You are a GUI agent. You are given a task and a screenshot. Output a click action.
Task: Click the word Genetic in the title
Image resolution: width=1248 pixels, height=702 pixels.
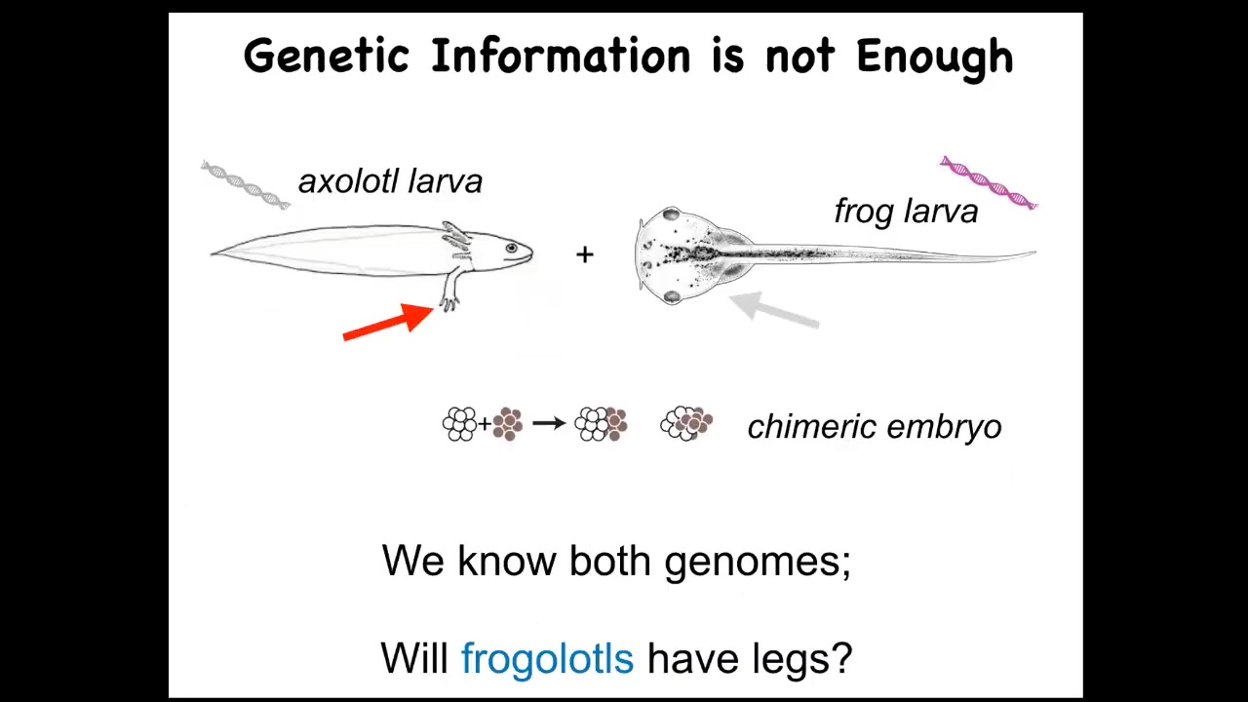327,57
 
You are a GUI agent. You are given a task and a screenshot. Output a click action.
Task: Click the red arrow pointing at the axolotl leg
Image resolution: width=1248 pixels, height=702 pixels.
388,322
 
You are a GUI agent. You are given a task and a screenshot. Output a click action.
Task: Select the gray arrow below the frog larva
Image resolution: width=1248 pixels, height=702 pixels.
774,311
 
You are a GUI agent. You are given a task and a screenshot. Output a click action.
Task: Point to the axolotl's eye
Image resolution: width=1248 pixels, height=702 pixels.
511,248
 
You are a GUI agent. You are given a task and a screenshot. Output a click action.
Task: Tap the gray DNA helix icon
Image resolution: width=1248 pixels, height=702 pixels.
245,184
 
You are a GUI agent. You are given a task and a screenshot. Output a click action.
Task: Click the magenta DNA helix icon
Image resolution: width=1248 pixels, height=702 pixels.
989,182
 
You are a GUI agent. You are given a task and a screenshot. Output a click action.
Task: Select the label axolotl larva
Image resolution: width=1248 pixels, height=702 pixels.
391,181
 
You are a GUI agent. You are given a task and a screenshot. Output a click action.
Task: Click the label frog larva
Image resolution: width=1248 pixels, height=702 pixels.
906,213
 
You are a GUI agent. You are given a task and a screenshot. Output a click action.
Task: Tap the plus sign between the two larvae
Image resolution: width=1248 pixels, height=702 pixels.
584,254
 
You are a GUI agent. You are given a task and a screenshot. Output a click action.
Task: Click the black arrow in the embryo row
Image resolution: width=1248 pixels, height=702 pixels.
549,423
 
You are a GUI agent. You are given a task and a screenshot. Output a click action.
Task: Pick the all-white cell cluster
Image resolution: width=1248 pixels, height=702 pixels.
459,424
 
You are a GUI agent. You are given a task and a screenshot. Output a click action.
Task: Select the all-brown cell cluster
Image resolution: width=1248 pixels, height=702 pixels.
508,424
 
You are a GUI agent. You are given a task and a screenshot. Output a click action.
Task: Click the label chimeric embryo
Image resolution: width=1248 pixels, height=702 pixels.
875,427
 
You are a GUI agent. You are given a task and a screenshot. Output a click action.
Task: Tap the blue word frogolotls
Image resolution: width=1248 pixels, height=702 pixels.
548,658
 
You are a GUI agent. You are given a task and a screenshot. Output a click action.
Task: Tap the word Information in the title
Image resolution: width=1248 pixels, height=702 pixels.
561,57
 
